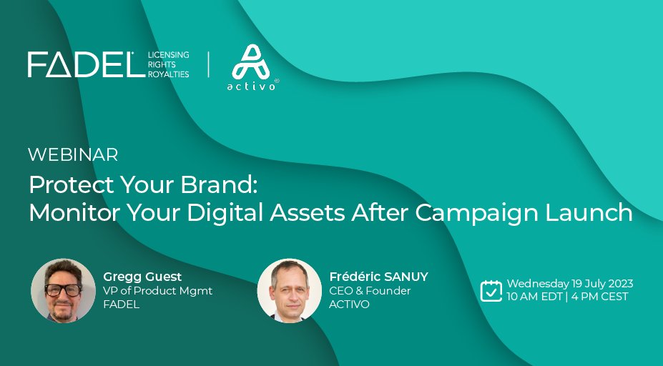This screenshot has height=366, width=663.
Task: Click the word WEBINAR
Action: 73,154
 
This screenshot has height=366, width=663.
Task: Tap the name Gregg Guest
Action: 142,277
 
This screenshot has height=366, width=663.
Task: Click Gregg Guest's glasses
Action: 62,290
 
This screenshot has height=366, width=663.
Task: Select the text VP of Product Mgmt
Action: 157,290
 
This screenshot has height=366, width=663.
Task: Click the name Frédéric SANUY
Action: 378,277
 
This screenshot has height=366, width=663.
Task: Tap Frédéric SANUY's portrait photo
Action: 289,290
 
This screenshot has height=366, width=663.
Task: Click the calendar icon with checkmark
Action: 491,290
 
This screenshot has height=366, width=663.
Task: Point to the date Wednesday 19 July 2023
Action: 570,284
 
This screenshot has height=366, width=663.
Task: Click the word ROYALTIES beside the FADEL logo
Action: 169,74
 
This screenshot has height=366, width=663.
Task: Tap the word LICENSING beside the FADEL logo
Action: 169,55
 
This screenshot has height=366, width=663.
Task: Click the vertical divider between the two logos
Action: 209,64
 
